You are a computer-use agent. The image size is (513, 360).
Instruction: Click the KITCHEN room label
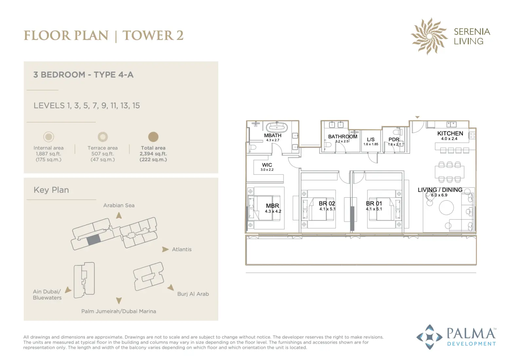pos(450,134)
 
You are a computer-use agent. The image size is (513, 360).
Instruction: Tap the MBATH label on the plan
pos(273,135)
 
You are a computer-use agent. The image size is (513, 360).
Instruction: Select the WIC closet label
pos(267,165)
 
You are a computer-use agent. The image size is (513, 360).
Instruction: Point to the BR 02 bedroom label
pos(327,204)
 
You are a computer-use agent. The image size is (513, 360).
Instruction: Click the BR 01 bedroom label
pos(374,204)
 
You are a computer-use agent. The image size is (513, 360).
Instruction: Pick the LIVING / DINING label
pos(440,190)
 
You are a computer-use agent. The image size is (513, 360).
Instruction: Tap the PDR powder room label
pos(394,139)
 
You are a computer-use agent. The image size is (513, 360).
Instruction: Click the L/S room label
pos(371,139)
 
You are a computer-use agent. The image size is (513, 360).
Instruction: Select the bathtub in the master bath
pos(277,127)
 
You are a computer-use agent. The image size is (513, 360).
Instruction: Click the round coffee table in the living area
pos(446,207)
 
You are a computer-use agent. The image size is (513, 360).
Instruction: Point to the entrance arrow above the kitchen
pos(417,117)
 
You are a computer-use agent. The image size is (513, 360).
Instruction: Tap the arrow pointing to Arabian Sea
pos(119,215)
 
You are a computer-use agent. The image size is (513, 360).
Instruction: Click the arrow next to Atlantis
pos(165,249)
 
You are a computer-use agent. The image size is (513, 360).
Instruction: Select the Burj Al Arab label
pos(193,294)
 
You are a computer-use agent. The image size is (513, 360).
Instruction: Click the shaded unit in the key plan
pos(94,240)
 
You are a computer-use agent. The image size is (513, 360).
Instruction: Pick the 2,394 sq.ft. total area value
pos(153,154)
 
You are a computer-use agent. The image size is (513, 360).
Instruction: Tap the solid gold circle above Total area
pos(153,137)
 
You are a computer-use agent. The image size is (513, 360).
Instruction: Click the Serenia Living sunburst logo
pos(429,36)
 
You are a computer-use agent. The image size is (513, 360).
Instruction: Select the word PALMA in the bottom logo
pos(471,334)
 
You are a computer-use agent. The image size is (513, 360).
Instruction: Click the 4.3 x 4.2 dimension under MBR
pos(273,211)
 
